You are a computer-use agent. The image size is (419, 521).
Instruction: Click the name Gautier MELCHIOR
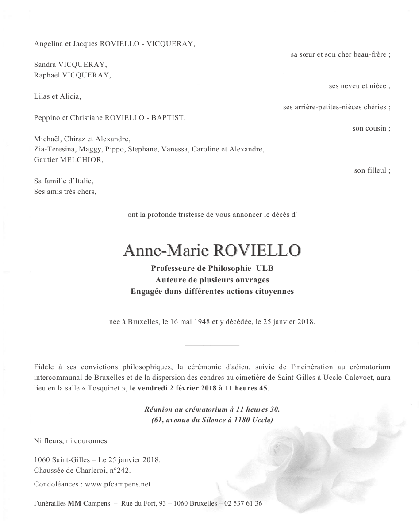[x=68, y=160]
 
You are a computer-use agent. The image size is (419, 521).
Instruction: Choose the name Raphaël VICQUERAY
[x=72, y=75]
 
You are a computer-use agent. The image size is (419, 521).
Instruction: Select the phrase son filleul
[x=371, y=170]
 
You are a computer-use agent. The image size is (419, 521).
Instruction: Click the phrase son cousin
[x=370, y=128]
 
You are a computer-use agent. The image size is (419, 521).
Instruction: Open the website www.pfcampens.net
[x=118, y=484]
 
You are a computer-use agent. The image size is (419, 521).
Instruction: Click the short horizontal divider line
[x=212, y=345]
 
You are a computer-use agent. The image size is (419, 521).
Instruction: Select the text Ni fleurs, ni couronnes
[x=71, y=440]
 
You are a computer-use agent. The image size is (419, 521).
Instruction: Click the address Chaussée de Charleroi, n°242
[x=82, y=470]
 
